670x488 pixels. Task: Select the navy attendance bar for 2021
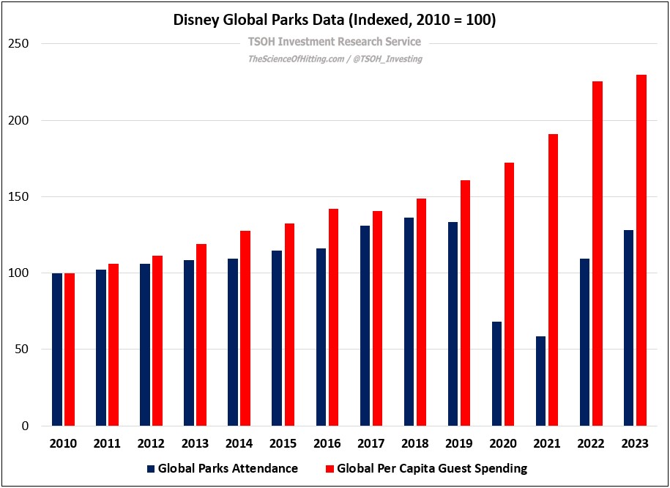coord(540,381)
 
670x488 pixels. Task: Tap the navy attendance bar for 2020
coord(496,374)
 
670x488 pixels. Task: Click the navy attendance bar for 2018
coord(409,322)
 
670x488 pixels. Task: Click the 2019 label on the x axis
coord(459,443)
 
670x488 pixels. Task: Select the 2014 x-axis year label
coord(239,443)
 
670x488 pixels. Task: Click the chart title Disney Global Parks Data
coord(335,21)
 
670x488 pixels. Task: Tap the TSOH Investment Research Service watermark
coord(335,42)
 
